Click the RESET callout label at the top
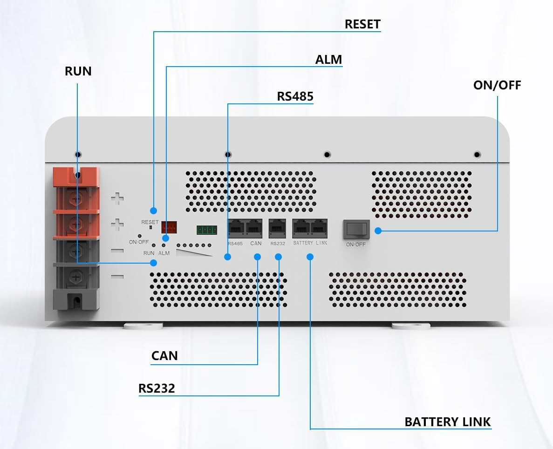pos(362,24)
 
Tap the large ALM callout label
pos(328,60)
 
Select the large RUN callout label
pos(78,71)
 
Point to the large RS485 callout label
pos(295,96)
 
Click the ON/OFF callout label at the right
pos(497,85)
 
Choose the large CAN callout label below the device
pos(164,355)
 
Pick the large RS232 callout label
pos(157,388)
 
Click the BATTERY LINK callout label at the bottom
pos(448,422)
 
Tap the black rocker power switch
pos(356,230)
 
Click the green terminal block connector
pos(207,230)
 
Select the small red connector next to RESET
pos(169,227)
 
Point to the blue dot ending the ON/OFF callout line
pos(378,231)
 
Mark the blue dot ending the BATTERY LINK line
pos(310,257)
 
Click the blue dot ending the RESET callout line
pos(153,211)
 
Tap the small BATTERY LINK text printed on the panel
pos(310,243)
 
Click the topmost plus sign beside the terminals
pos(117,198)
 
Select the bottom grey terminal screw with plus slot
pos(75,277)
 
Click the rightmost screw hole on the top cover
pos(477,155)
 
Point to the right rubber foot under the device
pos(411,326)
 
